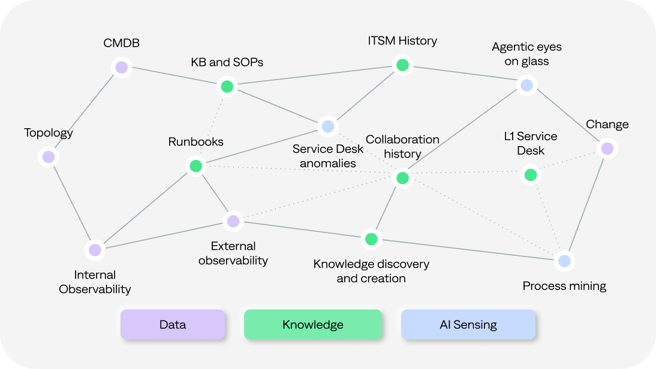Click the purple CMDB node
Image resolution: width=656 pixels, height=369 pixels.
(122, 67)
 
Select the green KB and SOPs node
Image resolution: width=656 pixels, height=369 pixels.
(227, 87)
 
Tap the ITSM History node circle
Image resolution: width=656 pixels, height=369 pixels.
(402, 65)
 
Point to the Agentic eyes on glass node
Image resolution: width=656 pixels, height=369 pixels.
(526, 85)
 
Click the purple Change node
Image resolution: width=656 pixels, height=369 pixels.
(607, 148)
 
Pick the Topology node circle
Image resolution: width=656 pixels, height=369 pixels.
(49, 157)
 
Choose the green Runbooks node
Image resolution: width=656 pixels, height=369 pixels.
(195, 166)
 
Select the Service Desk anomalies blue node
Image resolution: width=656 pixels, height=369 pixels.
(327, 126)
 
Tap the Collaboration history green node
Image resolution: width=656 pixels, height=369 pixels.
(402, 178)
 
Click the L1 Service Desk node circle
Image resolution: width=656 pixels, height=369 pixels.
(530, 175)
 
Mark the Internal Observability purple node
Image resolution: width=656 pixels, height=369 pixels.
(95, 250)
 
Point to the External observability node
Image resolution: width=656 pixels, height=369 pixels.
(233, 221)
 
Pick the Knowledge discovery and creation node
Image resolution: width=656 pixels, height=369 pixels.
(371, 239)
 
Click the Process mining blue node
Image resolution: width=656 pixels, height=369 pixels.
(564, 261)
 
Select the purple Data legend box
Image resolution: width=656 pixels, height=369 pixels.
(173, 325)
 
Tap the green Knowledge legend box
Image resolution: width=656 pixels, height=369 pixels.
(312, 325)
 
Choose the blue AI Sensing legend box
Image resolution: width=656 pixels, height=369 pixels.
(468, 325)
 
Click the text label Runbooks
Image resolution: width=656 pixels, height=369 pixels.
(195, 142)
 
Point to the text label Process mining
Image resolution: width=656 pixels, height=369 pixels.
(564, 286)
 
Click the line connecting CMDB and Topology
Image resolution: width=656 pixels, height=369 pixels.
(85, 112)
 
